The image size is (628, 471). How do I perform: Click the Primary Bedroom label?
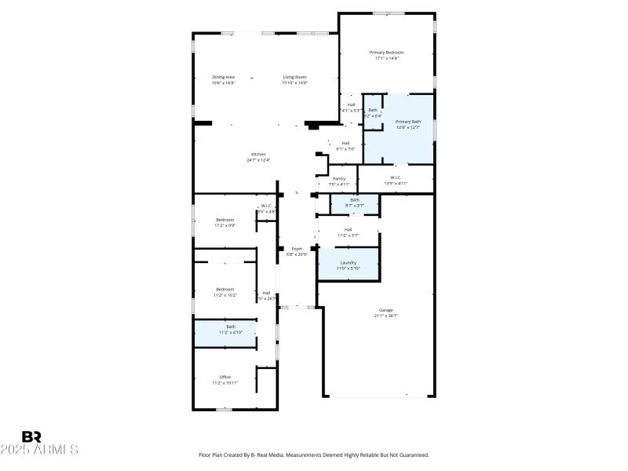[386, 53]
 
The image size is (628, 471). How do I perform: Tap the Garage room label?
[386, 310]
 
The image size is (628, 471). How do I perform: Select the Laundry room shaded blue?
[348, 265]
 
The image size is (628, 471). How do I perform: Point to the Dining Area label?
[224, 77]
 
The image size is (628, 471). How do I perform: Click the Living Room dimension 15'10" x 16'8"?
[295, 82]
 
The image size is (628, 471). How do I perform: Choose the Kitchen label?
[258, 154]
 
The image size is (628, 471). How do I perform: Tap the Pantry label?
[339, 179]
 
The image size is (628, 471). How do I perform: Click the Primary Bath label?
[407, 122]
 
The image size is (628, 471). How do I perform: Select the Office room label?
[225, 377]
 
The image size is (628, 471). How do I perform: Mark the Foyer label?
[298, 248]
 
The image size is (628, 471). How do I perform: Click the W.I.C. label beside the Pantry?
[394, 177]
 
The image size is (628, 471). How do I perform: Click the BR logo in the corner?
[31, 436]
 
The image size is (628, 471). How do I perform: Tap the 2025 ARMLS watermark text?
[39, 450]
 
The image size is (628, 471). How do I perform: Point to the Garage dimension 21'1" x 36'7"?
[386, 316]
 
